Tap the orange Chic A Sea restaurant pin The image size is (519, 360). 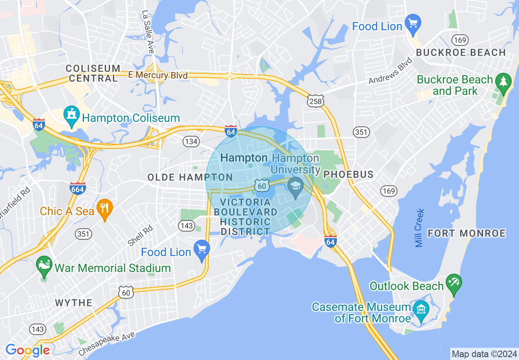point(105,209)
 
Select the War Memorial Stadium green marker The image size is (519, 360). point(44,266)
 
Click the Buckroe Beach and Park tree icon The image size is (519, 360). point(503,82)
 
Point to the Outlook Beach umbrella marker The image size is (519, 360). point(454,283)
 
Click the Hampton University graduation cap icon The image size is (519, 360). point(296,187)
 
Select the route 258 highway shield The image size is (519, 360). point(316,101)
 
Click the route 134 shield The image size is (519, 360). point(191,142)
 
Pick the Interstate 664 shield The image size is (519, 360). point(77,188)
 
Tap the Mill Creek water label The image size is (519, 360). point(420,228)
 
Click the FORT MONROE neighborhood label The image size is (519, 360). point(467,234)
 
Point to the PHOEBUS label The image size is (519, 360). point(348,175)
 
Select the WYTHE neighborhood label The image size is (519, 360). point(74,303)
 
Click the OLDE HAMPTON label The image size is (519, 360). point(190,177)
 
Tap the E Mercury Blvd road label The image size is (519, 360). point(158,75)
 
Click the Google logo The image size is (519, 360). point(27,350)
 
